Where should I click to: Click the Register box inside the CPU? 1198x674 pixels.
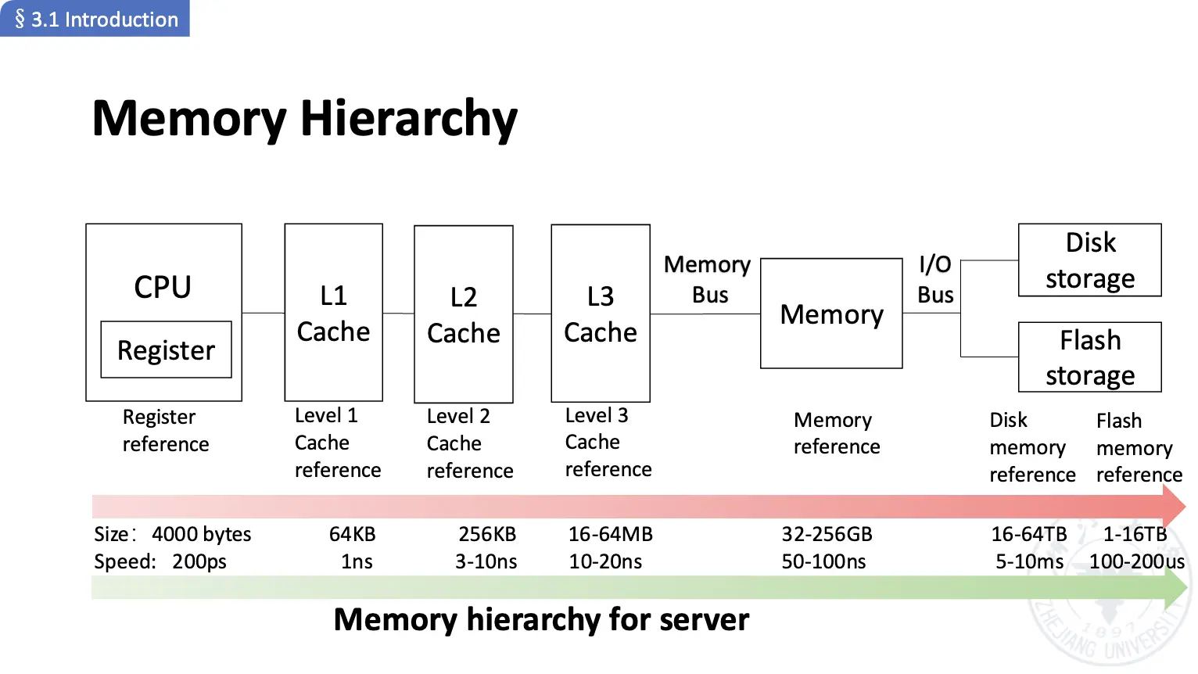pos(166,350)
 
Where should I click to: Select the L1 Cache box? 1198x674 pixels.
pos(334,313)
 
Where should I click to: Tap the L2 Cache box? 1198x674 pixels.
pos(464,314)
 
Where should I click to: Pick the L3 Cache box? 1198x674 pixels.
pos(601,314)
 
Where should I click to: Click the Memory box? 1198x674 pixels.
pos(831,314)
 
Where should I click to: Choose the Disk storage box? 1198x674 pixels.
pos(1090,260)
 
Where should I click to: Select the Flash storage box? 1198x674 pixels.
pos(1090,357)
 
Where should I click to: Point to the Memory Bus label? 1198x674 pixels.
pos(708,279)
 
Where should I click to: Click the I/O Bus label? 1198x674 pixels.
pos(935,279)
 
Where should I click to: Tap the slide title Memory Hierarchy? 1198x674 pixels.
pos(305,119)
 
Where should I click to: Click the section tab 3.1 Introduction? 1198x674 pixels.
pos(95,19)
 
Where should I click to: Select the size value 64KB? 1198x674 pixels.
pos(352,534)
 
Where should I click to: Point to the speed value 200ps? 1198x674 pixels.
pos(199,561)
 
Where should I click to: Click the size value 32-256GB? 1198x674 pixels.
pos(827,534)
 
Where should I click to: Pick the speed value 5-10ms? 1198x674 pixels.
pos(1029,561)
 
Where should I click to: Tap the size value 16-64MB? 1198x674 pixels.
pos(610,534)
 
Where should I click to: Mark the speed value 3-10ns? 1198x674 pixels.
pos(486,561)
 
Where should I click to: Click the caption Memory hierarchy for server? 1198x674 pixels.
pos(541,619)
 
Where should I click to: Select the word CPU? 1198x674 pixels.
pos(163,287)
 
